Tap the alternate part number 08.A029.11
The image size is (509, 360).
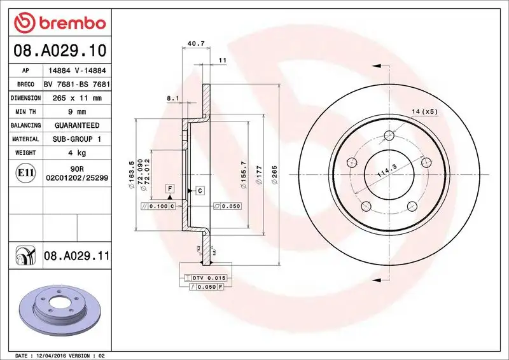76,256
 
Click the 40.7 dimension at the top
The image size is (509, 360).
196,44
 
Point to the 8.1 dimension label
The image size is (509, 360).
172,99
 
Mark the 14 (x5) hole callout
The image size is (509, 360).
424,112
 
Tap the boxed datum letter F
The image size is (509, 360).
171,188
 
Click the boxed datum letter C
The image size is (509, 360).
199,191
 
